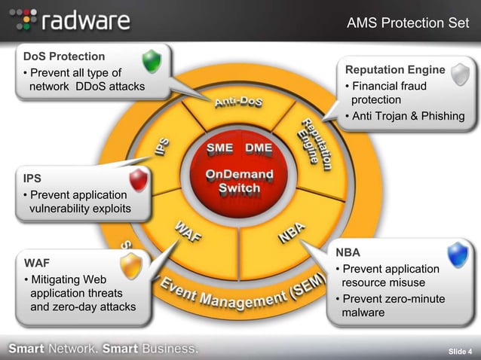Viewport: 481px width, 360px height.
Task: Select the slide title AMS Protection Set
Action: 407,23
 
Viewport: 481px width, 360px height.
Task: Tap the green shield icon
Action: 152,61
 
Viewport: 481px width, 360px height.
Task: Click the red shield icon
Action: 138,180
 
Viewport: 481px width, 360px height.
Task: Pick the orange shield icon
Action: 131,265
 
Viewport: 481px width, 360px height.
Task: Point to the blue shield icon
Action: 458,255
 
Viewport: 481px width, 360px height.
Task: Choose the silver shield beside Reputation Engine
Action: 460,74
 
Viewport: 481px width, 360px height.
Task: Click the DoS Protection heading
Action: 64,56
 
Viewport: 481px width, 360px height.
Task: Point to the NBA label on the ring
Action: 292,231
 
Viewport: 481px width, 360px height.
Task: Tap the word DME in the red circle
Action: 259,148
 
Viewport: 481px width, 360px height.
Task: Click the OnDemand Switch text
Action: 240,182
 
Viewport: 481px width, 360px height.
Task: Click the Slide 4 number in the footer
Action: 459,351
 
